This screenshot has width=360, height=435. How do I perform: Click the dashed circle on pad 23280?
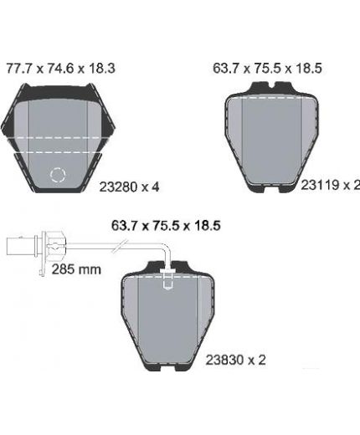coord(58,175)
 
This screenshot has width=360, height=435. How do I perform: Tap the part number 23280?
coord(119,187)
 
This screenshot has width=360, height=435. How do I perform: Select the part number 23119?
coord(320,185)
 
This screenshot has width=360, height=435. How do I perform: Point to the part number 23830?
coord(224,360)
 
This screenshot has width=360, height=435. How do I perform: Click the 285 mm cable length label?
coord(76,269)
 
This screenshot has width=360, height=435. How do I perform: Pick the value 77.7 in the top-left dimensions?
coord(19,69)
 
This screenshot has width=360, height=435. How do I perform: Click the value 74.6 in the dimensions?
coord(60,69)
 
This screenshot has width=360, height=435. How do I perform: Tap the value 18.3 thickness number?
coord(101,69)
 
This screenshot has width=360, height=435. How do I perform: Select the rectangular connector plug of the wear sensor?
coord(20,246)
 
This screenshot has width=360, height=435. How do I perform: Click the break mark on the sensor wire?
coord(120,246)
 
